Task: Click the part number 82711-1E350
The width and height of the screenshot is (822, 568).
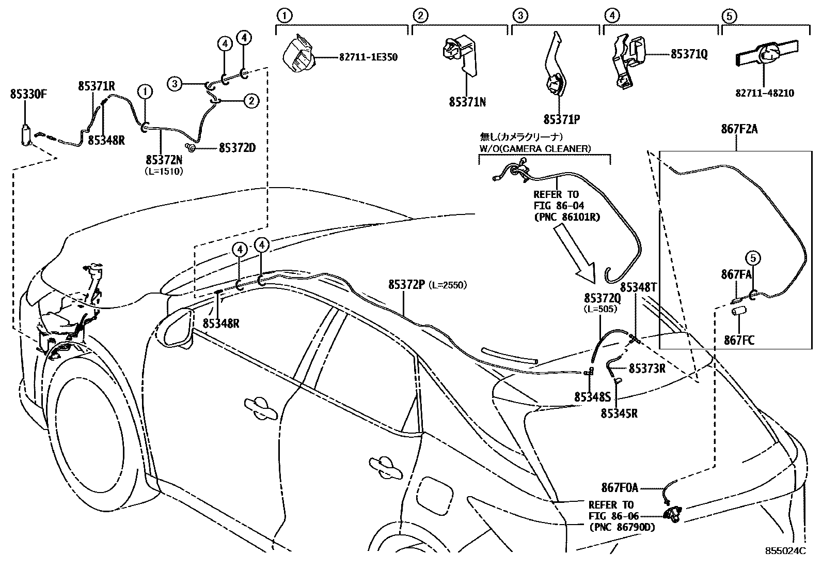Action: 368,57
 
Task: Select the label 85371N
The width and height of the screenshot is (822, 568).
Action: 467,102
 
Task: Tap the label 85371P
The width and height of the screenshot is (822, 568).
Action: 561,119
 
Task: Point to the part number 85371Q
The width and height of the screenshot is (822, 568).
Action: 689,54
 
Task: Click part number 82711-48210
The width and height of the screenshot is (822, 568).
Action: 765,94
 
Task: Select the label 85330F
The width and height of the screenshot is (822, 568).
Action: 28,95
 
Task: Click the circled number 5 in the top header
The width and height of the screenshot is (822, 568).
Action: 729,16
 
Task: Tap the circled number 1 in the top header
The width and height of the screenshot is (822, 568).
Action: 284,16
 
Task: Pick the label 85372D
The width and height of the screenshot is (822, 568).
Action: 237,148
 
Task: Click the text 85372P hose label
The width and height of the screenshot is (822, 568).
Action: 406,285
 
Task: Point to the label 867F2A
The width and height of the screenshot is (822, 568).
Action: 739,129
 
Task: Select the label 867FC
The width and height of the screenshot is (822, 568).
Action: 739,340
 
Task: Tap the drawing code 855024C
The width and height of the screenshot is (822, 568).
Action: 785,551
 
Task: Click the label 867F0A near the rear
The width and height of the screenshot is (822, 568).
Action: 620,487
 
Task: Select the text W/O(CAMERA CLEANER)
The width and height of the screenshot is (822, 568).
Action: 534,149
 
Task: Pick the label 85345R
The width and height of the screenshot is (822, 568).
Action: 619,413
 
